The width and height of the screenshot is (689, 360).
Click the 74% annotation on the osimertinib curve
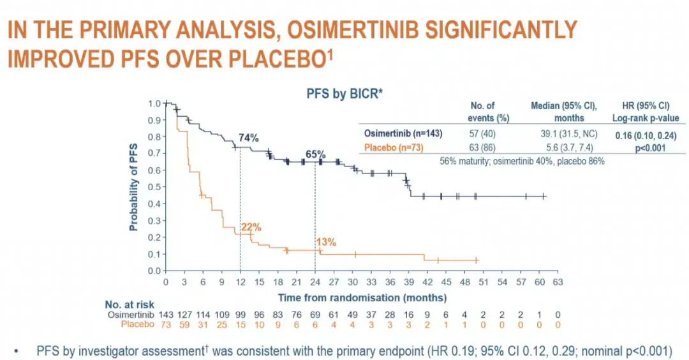tap(248, 137)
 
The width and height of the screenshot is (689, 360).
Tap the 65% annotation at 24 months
tap(315, 154)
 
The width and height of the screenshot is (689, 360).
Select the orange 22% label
tap(251, 227)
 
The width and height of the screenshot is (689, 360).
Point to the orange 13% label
tap(325, 242)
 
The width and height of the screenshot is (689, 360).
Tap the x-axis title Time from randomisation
tap(362, 297)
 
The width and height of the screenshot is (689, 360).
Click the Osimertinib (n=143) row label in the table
tap(403, 133)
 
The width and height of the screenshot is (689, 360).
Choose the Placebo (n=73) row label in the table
tap(394, 147)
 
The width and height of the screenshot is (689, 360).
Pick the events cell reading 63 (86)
tap(481, 147)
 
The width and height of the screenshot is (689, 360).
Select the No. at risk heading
tap(130, 304)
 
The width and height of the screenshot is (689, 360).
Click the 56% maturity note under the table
tap(522, 161)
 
